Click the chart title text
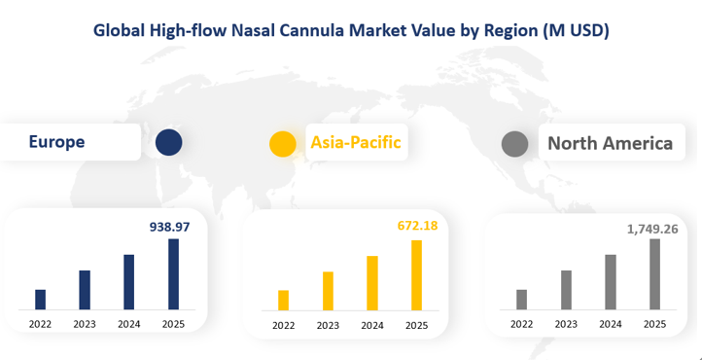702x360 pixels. (351, 30)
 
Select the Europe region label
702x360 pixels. (56, 142)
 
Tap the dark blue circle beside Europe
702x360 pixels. (169, 143)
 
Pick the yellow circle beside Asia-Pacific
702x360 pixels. (282, 144)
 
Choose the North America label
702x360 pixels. (610, 144)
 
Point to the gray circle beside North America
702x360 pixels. (514, 144)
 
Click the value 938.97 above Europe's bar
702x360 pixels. (168, 226)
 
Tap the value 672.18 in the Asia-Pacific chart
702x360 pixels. (417, 227)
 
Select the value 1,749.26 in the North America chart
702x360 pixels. (651, 228)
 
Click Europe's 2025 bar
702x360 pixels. (173, 273)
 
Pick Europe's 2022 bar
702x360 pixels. (40, 299)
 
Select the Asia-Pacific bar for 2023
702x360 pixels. (328, 290)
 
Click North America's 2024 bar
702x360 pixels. (611, 281)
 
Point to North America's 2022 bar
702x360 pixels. (522, 299)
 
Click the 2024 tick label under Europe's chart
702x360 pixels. (128, 324)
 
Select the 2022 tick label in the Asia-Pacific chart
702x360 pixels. (283, 326)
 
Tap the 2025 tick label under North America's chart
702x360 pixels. (654, 324)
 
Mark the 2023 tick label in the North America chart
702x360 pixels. (566, 324)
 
